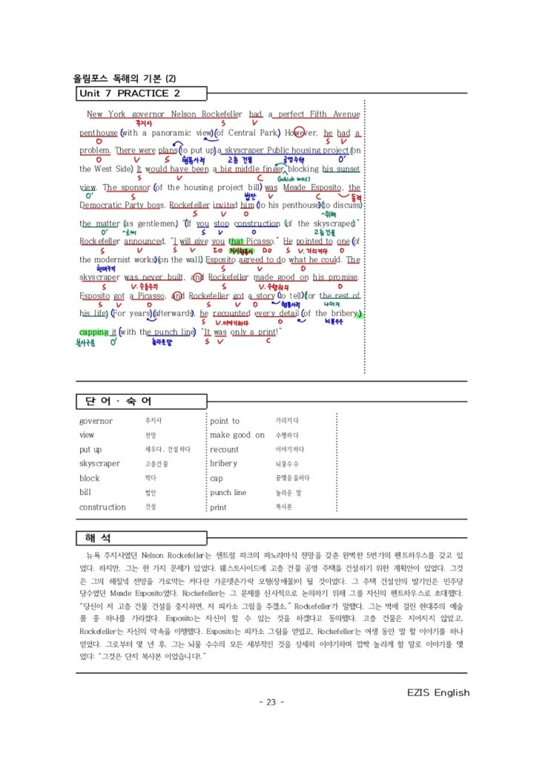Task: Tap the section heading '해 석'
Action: tap(98, 537)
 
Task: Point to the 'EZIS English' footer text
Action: tap(438, 692)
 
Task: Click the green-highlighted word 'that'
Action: tap(236, 241)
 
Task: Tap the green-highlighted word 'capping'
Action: tap(93, 332)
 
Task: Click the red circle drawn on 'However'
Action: tap(299, 133)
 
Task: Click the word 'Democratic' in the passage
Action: tap(105, 205)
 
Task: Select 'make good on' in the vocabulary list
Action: tap(237, 435)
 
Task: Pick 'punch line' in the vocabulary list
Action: tap(228, 493)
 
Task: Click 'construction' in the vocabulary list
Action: tap(102, 507)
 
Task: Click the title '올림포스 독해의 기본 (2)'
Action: tap(124, 79)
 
